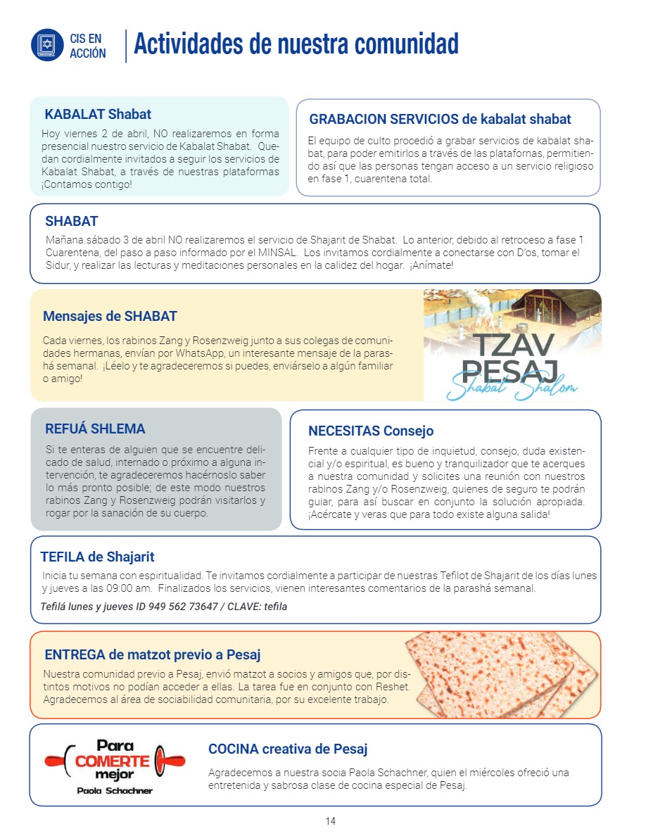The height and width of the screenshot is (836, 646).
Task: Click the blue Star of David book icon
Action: click(x=47, y=44)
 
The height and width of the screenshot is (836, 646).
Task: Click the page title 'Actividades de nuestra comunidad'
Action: click(x=296, y=44)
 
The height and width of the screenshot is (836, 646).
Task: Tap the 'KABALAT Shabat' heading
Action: click(x=98, y=114)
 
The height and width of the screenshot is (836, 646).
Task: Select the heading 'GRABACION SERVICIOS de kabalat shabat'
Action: click(x=440, y=119)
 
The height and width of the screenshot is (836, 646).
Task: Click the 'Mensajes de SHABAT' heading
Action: click(x=110, y=316)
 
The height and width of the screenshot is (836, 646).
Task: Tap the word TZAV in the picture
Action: click(x=512, y=345)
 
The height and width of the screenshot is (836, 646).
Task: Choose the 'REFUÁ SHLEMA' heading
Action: click(x=95, y=429)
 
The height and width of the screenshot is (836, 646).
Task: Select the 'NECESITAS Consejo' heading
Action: click(x=371, y=431)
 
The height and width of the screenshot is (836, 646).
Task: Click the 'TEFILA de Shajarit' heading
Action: click(x=97, y=557)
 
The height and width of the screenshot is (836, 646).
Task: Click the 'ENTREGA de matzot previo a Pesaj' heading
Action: click(x=153, y=655)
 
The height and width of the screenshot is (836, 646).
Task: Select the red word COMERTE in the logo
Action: click(x=113, y=761)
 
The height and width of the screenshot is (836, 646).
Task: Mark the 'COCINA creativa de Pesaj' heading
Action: click(x=288, y=749)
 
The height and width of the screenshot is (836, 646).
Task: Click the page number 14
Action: click(x=330, y=821)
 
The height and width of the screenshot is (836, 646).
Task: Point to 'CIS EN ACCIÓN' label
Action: click(x=88, y=46)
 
